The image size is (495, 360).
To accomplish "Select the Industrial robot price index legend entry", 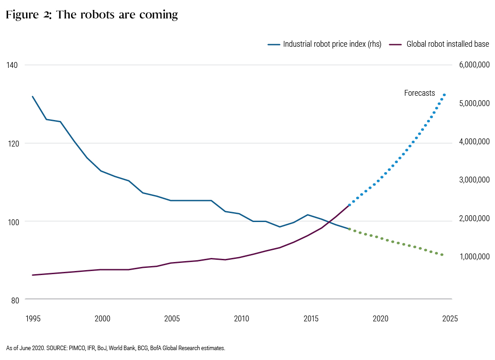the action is [325, 44].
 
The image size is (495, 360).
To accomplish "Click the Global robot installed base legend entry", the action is [439, 44].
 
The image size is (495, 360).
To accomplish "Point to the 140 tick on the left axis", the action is [12, 65].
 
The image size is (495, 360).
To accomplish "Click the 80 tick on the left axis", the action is [15, 300].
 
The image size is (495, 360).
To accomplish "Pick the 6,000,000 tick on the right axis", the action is [474, 65].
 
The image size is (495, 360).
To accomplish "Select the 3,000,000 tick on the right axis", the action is [474, 179].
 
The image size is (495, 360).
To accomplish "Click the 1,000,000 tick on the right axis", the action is [474, 257].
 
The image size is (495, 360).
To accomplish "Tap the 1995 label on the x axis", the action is [33, 318].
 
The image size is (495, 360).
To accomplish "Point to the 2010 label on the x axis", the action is [241, 318].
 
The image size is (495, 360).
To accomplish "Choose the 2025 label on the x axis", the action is [450, 318].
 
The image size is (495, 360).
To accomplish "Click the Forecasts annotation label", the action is [419, 93].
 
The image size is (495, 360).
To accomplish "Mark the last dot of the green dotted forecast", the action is [442, 255].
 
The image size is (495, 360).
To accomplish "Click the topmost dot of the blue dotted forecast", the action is [444, 95].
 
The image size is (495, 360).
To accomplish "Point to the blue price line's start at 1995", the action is [32, 97].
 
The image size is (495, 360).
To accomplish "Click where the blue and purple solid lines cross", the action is [329, 222].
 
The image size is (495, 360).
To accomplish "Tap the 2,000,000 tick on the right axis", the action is [474, 218].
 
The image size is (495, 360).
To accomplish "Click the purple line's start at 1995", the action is [32, 275].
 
